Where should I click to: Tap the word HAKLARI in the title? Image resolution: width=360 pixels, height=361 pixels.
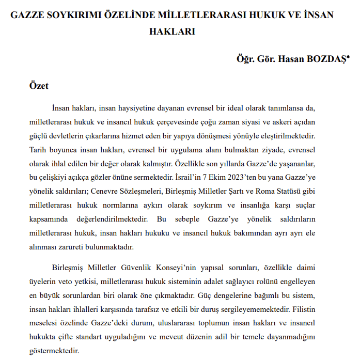(172, 30)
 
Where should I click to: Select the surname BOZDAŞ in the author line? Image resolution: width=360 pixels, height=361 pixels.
(323, 59)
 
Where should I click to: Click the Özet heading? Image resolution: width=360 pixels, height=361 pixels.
(39, 86)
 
